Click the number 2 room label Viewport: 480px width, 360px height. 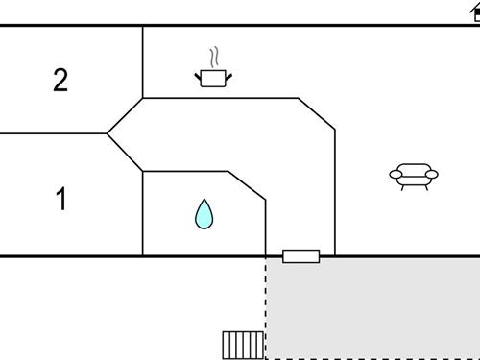point(60,81)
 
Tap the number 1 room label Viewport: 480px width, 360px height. point(60,200)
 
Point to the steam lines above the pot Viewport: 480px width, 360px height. point(216,56)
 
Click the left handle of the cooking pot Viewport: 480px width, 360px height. point(198,73)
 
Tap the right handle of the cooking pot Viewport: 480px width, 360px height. point(229,73)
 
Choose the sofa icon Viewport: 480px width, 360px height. point(413,175)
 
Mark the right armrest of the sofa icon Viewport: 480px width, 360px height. point(432,175)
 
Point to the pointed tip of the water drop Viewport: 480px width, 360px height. point(204,201)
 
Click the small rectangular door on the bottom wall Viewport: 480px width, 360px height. point(300,256)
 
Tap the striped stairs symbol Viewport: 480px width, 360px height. point(242,344)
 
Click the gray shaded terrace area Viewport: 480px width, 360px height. point(374,307)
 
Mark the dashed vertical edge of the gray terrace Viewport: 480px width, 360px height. point(266,307)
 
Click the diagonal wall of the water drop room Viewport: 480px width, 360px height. point(247,185)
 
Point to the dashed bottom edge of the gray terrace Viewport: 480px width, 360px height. point(374,358)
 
